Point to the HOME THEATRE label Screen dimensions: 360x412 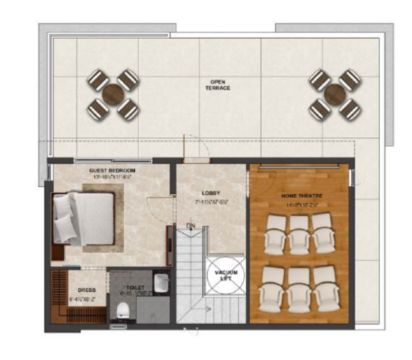click(x=302, y=196)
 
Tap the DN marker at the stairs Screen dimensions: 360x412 click(x=191, y=226)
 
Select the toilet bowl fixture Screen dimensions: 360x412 click(x=123, y=310)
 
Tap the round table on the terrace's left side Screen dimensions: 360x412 click(x=113, y=94)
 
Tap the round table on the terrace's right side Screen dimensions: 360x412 click(x=335, y=94)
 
